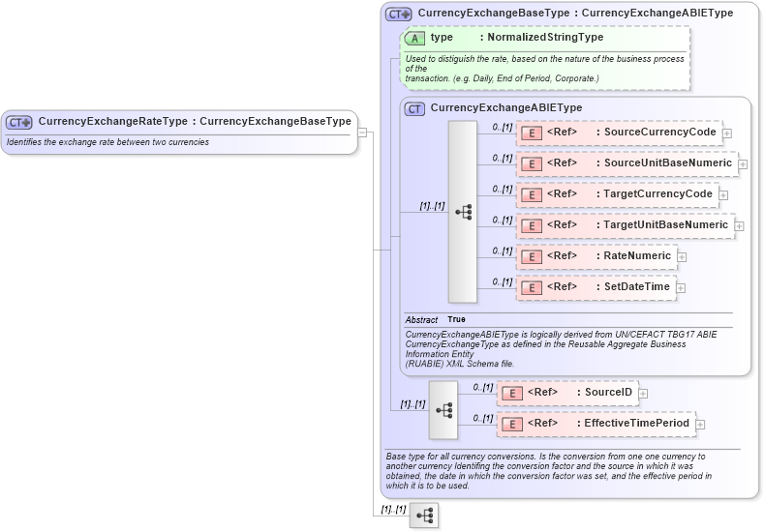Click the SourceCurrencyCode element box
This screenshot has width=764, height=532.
pos(620,133)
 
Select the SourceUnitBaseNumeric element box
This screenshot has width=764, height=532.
pos(626,163)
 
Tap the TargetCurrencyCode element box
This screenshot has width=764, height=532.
pos(617,194)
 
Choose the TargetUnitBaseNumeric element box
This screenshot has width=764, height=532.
pos(625,225)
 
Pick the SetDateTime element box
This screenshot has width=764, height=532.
pos(595,287)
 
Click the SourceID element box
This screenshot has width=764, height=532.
pos(566,393)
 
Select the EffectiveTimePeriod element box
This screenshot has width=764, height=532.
pos(596,424)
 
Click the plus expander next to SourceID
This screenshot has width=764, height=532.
pos(643,394)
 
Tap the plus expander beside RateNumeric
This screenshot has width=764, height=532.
pos(682,257)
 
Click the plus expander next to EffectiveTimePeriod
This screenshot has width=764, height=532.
pos(700,425)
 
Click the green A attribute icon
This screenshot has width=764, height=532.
pos(415,38)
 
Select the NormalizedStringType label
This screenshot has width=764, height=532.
pos(545,38)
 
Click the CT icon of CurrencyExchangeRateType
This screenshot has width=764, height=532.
pos(19,122)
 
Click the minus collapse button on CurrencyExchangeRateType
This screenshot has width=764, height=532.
pos(362,133)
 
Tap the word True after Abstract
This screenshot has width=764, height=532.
pos(456,319)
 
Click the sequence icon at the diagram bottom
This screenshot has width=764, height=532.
pos(424,517)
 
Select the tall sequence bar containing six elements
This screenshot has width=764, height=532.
pos(463,211)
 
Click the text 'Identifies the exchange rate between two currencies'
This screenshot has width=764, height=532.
pos(107,142)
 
